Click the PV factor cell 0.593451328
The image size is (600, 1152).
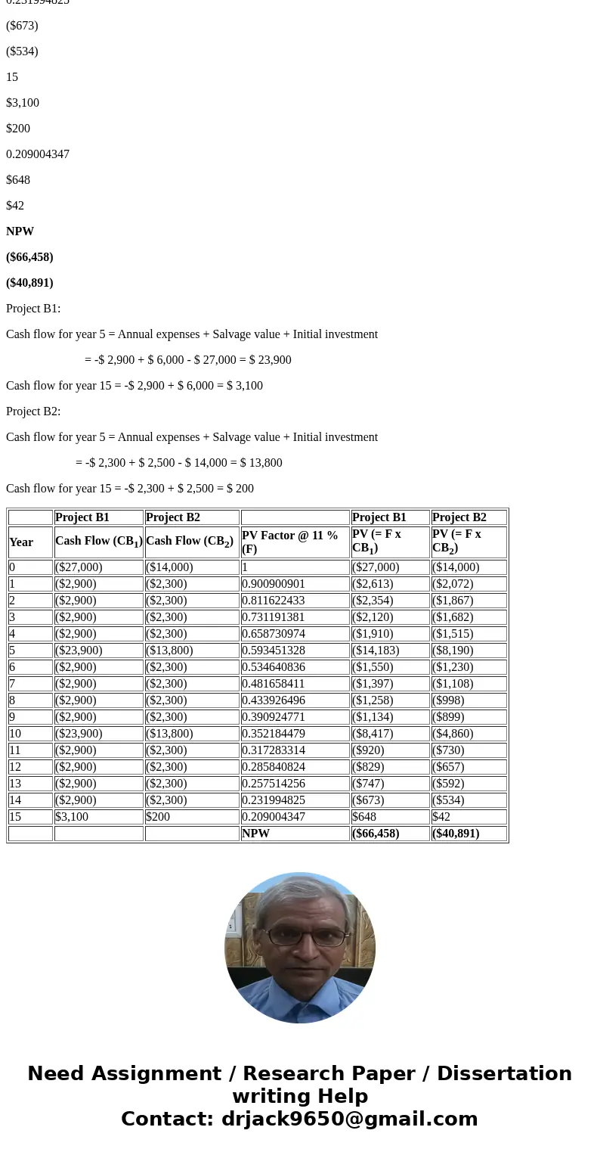274,651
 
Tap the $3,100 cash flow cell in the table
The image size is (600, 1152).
72,817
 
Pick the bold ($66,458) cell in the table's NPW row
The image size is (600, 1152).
376,834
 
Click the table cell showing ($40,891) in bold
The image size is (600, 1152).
456,834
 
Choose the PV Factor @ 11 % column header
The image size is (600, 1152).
290,542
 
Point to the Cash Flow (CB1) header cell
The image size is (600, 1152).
98,542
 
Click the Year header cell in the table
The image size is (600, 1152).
21,542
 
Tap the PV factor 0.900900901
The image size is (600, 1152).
274,584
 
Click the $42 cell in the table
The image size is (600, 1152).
441,817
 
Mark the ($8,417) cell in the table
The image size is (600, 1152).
373,734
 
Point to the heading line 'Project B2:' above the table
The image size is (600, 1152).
33,411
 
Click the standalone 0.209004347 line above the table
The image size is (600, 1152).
38,154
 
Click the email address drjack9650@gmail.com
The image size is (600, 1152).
349,1119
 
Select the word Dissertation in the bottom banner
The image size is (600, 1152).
504,1074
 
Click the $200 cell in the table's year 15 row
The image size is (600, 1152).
158,817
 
